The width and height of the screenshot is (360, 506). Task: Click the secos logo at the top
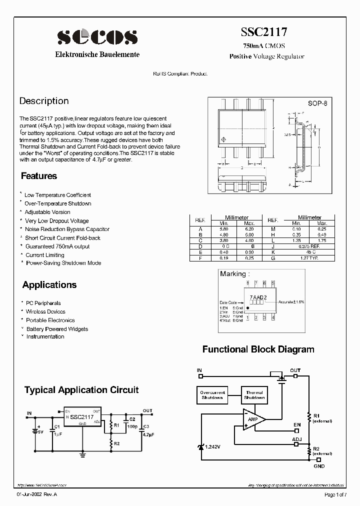[97, 37]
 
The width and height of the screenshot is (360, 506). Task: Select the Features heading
[39, 176]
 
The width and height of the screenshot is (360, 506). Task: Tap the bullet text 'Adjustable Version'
[47, 212]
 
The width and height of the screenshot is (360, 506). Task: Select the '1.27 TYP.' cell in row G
[309, 258]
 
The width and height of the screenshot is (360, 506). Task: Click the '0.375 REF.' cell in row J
[309, 246]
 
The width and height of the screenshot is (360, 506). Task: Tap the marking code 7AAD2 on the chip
[258, 297]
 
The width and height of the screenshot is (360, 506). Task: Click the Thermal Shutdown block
[254, 395]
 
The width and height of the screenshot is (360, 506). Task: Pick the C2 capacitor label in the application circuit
[132, 418]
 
